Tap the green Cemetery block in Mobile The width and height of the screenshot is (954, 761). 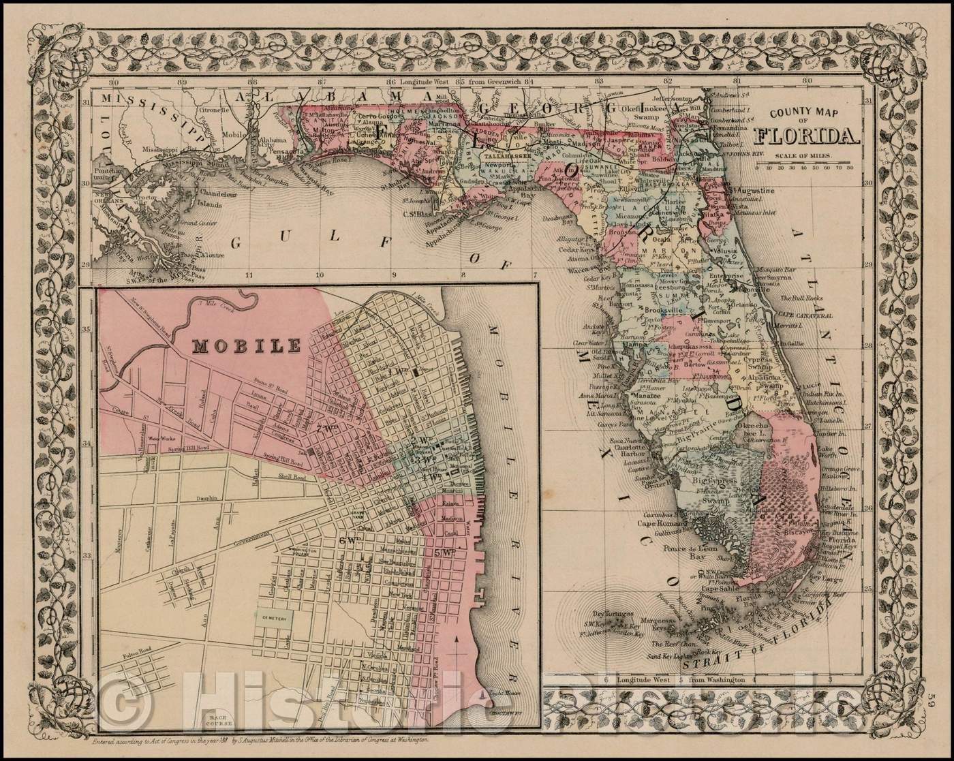pyautogui.click(x=275, y=615)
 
